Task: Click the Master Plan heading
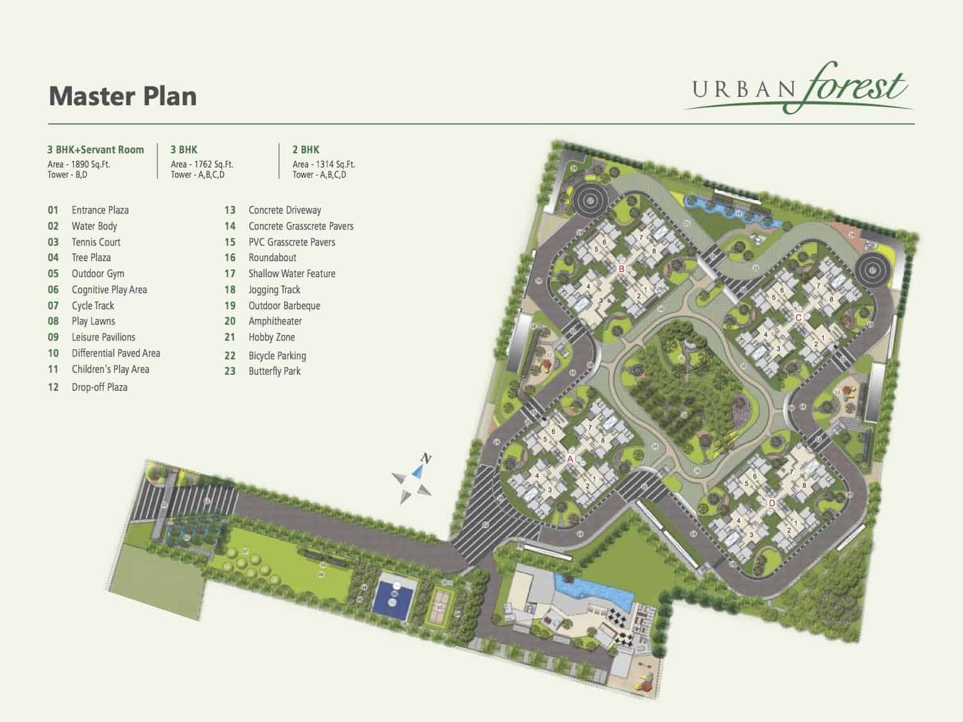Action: pos(123,96)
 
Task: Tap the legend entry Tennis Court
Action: pos(96,242)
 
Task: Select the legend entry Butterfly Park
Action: pos(274,371)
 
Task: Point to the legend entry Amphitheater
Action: pos(275,321)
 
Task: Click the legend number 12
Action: pos(53,387)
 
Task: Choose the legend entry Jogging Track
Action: pos(274,289)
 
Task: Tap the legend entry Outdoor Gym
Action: pos(98,273)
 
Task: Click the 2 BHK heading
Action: pos(306,150)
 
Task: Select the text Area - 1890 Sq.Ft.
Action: pos(79,164)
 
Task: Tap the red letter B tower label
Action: pos(621,270)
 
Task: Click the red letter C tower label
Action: pos(798,318)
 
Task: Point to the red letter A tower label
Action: pos(569,458)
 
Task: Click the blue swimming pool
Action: pos(591,590)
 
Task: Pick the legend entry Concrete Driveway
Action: pos(284,210)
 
